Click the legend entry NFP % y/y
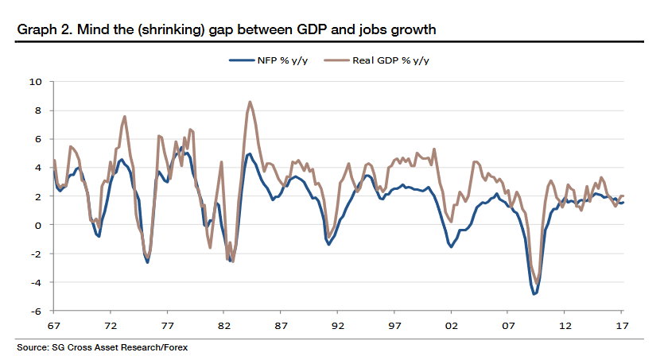pos(270,60)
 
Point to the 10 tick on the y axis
pos(37,81)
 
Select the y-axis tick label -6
pos(37,311)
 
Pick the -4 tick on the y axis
pos(37,282)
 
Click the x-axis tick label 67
pos(54,326)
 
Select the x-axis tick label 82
pos(224,326)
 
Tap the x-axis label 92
pos(338,326)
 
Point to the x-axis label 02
pos(452,326)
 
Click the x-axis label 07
pos(508,326)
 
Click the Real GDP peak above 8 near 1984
pos(250,102)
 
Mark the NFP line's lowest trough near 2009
pos(534,294)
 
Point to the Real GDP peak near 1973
pos(125,117)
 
